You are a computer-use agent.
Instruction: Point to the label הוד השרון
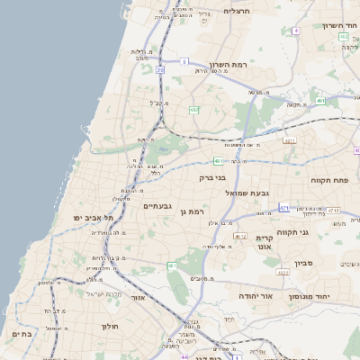tap(340, 25)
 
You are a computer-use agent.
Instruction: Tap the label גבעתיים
tap(157, 205)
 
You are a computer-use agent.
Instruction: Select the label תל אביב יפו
tap(95, 218)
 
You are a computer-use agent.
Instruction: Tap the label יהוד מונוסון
tap(311, 295)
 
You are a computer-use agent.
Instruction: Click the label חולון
tap(111, 326)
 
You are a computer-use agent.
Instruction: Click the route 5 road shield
tap(184, 61)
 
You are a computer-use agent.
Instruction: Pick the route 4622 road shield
tap(283, 272)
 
